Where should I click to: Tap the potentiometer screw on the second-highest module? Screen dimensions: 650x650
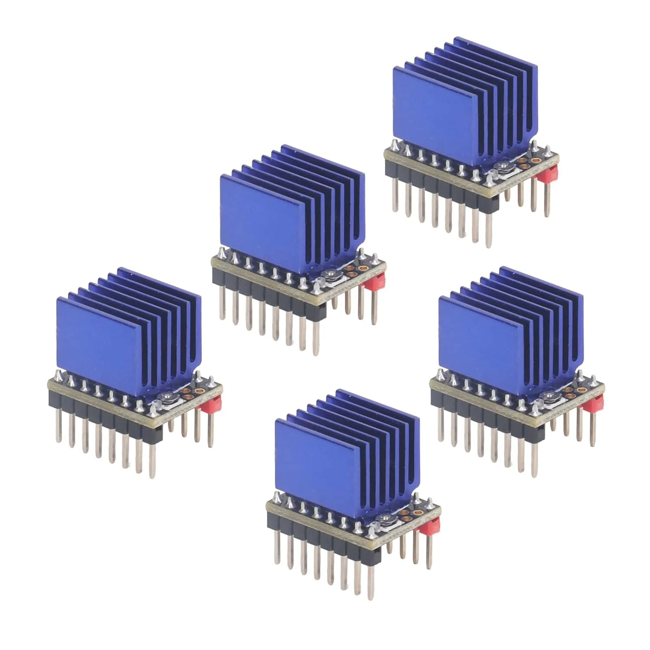(x=330, y=274)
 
